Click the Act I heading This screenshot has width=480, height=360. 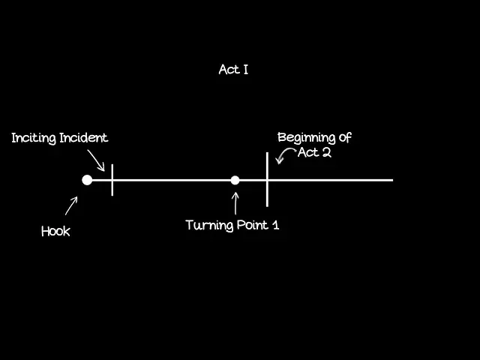point(233,70)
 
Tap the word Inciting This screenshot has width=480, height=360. point(34,138)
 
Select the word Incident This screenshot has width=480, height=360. point(83,138)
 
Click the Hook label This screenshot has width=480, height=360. point(55,231)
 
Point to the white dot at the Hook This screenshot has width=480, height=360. point(87,180)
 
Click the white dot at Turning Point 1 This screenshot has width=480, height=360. point(235,180)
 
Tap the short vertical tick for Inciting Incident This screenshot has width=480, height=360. point(112,180)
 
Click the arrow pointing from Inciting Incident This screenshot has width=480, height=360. point(97,159)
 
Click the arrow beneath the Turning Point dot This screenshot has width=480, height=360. point(235,203)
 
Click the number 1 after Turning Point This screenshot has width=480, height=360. point(276,225)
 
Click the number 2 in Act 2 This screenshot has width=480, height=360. point(326,153)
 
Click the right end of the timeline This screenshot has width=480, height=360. point(391,180)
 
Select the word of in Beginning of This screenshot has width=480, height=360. point(344,138)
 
